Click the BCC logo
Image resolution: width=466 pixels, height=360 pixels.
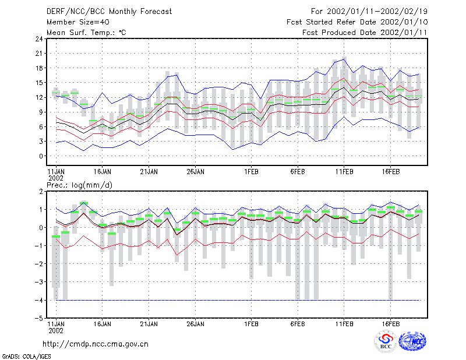pyautogui.click(x=386, y=341)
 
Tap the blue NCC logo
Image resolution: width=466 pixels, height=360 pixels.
pyautogui.click(x=412, y=341)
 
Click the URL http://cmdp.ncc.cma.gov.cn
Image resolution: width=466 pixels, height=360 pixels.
pyautogui.click(x=96, y=344)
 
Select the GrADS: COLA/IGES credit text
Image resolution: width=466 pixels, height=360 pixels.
pyautogui.click(x=26, y=357)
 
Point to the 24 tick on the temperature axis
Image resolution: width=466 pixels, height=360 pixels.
pyautogui.click(x=39, y=38)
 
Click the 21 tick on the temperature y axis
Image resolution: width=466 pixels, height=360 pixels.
pyautogui.click(x=39, y=54)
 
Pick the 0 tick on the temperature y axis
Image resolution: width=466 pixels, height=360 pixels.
pyautogui.click(x=41, y=156)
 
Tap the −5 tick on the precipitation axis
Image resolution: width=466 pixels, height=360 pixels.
pyautogui.click(x=39, y=319)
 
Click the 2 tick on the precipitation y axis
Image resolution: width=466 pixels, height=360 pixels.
pyautogui.click(x=41, y=192)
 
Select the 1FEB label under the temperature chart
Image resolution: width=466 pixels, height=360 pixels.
pyautogui.click(x=251, y=172)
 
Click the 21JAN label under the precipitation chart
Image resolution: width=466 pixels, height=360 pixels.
pyautogui.click(x=149, y=324)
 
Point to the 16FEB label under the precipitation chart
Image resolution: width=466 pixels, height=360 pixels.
pyautogui.click(x=390, y=324)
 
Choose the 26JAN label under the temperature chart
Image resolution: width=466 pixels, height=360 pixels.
pyautogui.click(x=195, y=172)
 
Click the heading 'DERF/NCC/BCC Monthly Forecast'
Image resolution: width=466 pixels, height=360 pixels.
pyautogui.click(x=109, y=12)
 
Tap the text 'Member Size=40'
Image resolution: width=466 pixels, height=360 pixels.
pyautogui.click(x=78, y=22)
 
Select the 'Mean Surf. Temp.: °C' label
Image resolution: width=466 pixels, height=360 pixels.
pyautogui.click(x=86, y=33)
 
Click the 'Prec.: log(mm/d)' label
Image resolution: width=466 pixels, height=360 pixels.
pyautogui.click(x=79, y=185)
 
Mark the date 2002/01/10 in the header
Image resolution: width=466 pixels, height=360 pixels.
pyautogui.click(x=404, y=22)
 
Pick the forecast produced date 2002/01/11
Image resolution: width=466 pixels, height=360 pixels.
pyautogui.click(x=404, y=33)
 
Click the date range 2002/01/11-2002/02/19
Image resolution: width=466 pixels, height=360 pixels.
pyautogui.click(x=377, y=12)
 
